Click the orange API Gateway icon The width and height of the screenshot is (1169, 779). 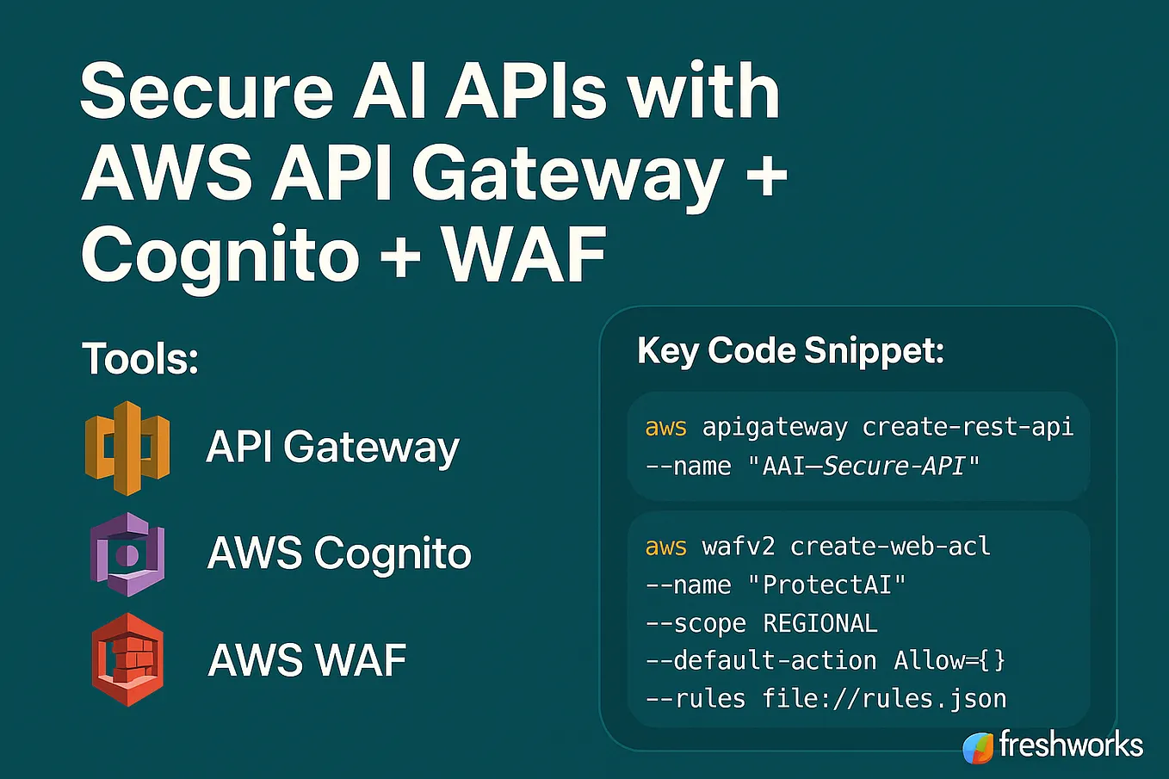pos(127,448)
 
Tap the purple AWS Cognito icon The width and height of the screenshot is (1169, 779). pos(127,554)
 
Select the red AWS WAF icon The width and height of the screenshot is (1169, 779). pos(127,659)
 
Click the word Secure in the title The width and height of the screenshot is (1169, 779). pos(207,92)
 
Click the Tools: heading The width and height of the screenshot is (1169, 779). pos(140,358)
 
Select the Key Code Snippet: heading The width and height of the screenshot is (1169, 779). pos(790,351)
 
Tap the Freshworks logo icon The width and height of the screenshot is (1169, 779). pos(978,748)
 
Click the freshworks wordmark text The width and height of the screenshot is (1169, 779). pos(1071,744)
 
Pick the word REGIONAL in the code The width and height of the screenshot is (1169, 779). pos(820,623)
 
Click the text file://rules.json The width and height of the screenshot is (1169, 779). pos(884,699)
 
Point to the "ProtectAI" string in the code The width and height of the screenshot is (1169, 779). pos(826,585)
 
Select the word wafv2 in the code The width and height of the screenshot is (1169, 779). pos(739,547)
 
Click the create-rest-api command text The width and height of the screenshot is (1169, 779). pos(968,427)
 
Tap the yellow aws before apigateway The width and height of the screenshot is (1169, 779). pos(666,428)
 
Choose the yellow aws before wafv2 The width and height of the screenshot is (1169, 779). pos(666,547)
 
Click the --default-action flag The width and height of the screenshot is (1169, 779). pos(761,661)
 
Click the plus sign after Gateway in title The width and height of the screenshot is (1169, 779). pos(766,176)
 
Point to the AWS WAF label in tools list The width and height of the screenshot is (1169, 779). pos(306,660)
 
